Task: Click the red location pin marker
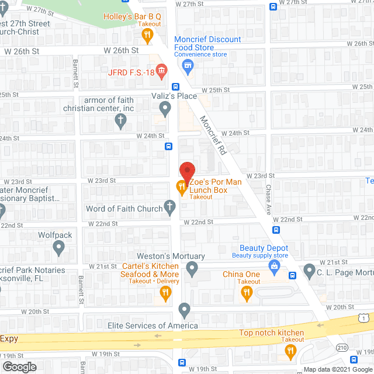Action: coord(186,171)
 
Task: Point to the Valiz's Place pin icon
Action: coord(165,107)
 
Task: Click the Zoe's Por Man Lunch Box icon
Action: coord(181,187)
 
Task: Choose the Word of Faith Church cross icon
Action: coord(169,206)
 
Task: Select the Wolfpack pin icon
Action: coord(58,248)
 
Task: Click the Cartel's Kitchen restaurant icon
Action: coord(165,293)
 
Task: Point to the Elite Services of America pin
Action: coord(185,310)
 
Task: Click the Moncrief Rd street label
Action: coord(213,134)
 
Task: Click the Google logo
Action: coord(19,366)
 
